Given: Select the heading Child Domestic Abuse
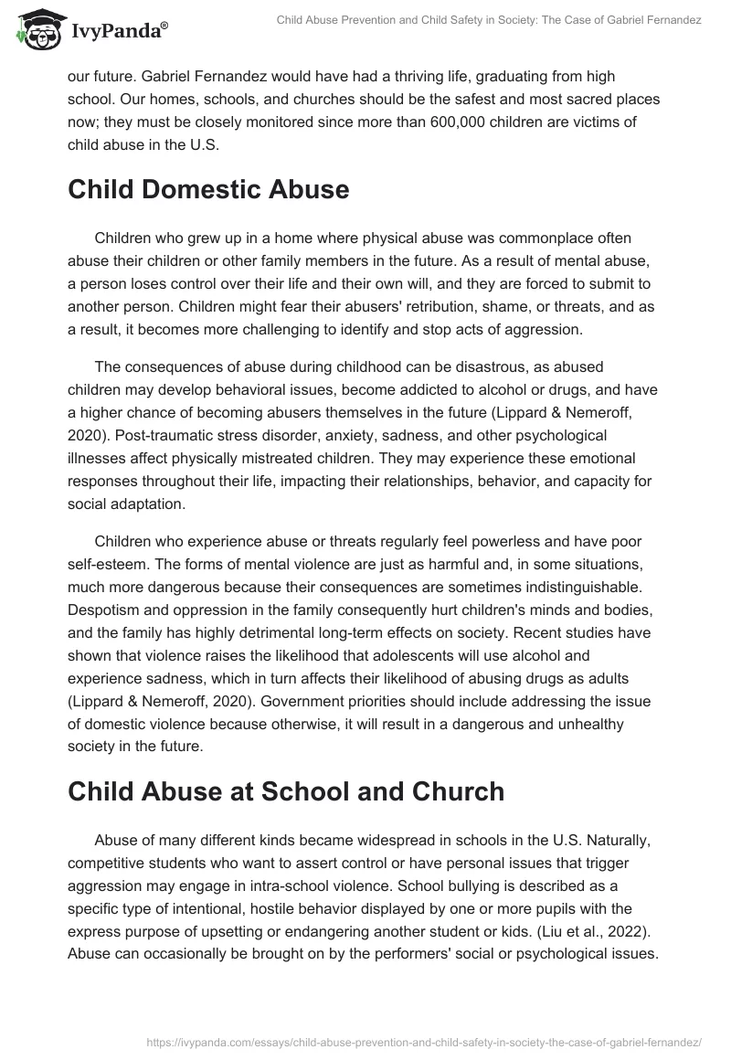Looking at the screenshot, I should pos(208,189).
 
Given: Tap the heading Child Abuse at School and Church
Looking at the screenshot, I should pos(286,791).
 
